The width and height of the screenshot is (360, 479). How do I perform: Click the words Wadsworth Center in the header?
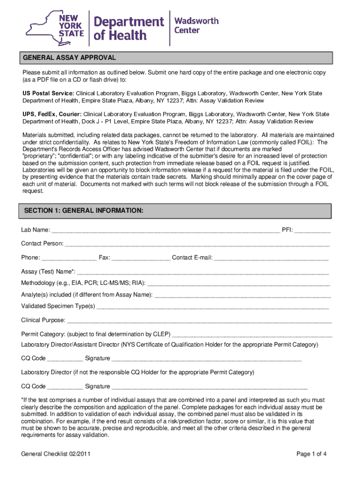point(196,25)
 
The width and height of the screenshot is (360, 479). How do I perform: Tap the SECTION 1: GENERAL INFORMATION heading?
point(84,211)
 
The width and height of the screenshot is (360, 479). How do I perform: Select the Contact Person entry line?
point(197,244)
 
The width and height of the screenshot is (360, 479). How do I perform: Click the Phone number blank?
point(69,258)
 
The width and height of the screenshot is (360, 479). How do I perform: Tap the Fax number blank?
point(141,258)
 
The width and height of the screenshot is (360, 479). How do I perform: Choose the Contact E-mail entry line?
point(271,258)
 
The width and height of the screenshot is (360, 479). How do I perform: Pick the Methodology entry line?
point(238,283)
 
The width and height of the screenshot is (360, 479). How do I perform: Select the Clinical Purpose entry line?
point(199,321)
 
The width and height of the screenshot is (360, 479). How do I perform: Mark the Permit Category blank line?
point(252,335)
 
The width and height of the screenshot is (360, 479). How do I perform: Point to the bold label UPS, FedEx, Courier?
point(52,114)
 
